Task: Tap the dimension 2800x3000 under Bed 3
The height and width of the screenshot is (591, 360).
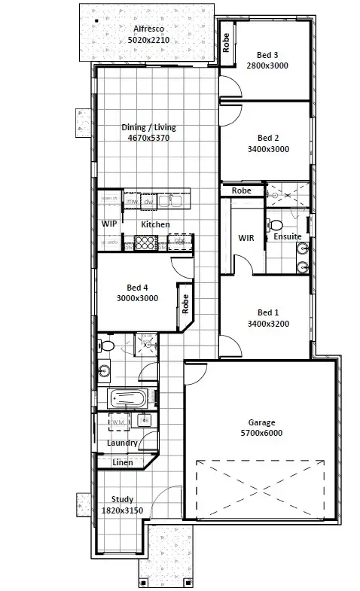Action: [267, 65]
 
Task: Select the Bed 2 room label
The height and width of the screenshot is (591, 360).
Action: [268, 138]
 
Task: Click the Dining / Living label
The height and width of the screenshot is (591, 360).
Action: [149, 127]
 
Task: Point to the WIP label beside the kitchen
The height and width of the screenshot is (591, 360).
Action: [108, 224]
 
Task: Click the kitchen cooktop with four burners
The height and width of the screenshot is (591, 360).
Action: [145, 242]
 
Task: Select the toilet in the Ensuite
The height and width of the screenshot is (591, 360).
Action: [276, 224]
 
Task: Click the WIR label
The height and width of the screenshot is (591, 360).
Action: [246, 237]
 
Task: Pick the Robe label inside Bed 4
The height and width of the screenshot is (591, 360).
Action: [185, 303]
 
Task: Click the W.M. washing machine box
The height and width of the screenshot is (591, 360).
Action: [119, 423]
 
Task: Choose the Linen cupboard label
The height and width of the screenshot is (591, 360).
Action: [122, 462]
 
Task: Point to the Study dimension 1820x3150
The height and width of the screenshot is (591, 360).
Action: [122, 510]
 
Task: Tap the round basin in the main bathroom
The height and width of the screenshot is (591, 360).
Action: [105, 369]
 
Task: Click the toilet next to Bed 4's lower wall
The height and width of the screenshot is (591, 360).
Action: [106, 346]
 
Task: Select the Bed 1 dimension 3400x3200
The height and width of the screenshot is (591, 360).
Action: [268, 324]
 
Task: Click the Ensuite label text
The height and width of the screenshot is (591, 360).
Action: [287, 236]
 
